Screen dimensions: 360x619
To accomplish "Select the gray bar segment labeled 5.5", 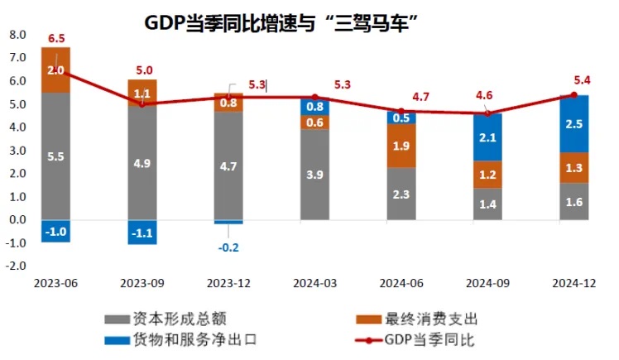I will point(55,156).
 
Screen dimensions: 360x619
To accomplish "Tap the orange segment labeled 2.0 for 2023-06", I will point(55,70).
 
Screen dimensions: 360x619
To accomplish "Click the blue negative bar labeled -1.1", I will point(142,232).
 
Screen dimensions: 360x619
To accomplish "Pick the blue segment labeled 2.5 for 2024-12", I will point(573,123).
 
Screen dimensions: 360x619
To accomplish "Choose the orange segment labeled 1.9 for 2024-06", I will point(401,146).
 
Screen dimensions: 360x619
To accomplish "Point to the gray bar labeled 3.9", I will point(314,174).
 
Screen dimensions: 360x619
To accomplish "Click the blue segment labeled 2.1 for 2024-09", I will point(487,137).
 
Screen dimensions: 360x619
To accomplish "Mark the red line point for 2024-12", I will point(573,95).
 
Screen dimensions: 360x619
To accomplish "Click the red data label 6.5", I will point(56,38).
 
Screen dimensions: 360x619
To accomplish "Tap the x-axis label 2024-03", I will point(314,282).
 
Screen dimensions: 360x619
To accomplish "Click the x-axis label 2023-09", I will point(142,282).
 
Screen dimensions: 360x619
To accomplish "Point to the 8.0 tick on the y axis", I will point(17,35).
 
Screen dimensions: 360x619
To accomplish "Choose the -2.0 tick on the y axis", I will point(17,266).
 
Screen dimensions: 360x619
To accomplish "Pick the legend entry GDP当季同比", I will point(429,338).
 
